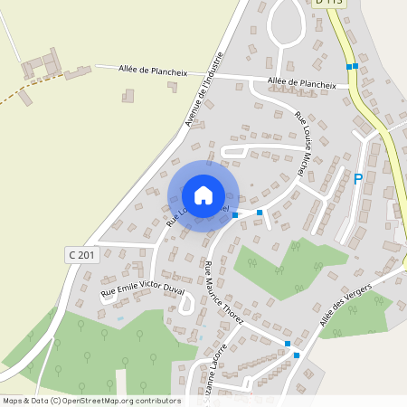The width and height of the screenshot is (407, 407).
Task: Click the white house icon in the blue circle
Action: coord(203,194)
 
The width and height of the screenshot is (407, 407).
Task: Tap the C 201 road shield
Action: coord(80,255)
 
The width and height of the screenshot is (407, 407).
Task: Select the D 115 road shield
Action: coord(329,3)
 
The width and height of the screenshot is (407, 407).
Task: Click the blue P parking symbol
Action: coord(357,179)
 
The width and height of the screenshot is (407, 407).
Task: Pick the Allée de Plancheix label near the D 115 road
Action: coord(301,82)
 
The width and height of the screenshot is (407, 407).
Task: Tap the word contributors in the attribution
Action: coord(156,400)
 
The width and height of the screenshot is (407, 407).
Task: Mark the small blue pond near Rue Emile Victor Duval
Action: coord(119,318)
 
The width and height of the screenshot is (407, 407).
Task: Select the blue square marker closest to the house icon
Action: coord(235,215)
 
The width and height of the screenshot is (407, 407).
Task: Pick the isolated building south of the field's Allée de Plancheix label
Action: coord(128,95)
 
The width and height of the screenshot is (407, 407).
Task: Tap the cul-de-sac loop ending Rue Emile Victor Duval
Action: coord(187,305)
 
